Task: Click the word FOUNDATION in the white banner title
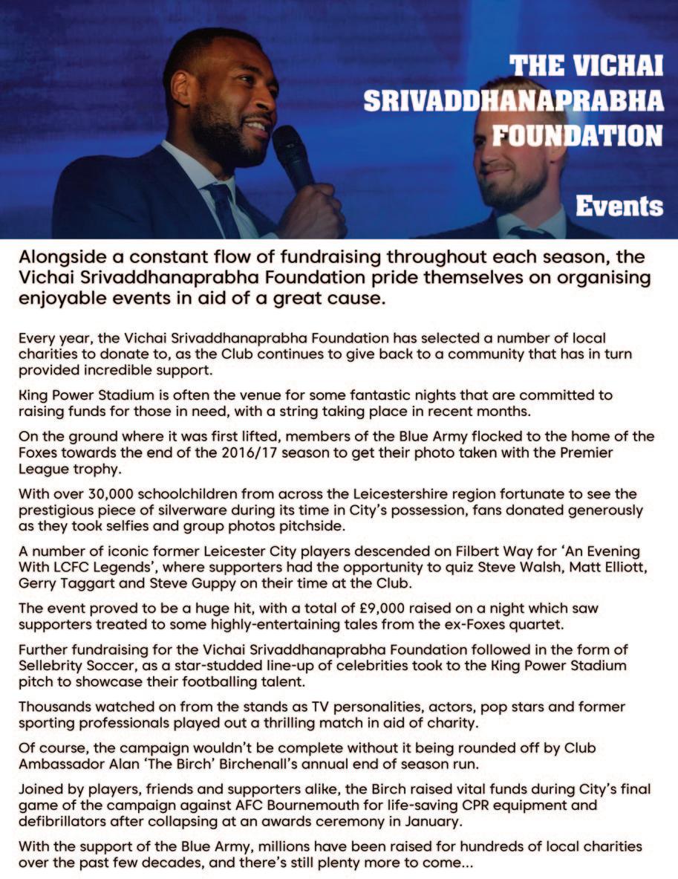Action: pyautogui.click(x=578, y=134)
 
